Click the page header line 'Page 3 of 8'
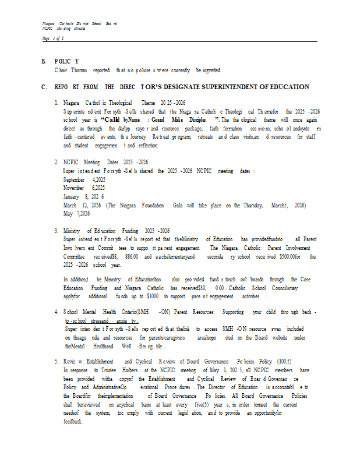tap(53, 38)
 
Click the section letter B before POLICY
tap(43, 61)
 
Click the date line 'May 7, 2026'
tap(76, 214)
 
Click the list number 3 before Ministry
tap(56, 231)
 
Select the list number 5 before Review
tap(56, 361)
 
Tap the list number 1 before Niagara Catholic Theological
tap(56, 102)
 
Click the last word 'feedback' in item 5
tap(74, 421)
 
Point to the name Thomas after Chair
tap(79, 70)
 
